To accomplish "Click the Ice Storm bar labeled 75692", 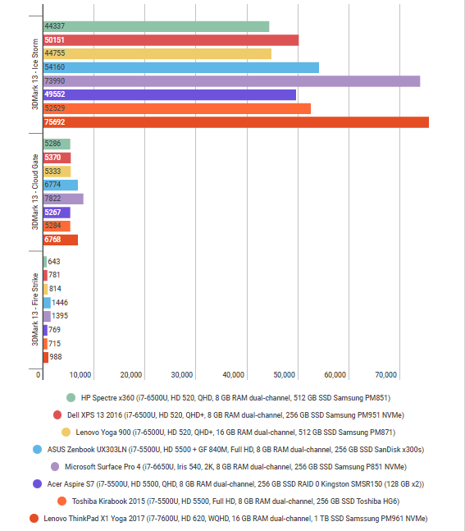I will click(235, 122).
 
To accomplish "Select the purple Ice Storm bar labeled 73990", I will click(231, 81).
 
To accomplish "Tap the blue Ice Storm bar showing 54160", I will click(180, 67).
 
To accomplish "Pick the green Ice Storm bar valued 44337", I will click(156, 26).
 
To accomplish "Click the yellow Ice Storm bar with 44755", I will click(157, 53).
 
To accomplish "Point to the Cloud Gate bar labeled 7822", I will click(62, 199).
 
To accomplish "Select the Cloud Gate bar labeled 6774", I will click(60, 185).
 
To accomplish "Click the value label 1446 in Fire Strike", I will click(60, 303).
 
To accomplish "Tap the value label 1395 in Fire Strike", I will click(60, 316).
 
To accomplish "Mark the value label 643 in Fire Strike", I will click(54, 262).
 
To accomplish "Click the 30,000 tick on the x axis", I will click(183, 375).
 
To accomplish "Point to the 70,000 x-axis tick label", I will click(385, 375).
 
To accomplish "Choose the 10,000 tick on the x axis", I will click(80, 375).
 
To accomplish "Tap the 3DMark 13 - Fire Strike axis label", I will click(34, 309).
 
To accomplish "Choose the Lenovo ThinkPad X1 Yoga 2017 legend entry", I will click(229, 518).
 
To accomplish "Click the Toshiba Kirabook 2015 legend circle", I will click(62, 501).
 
